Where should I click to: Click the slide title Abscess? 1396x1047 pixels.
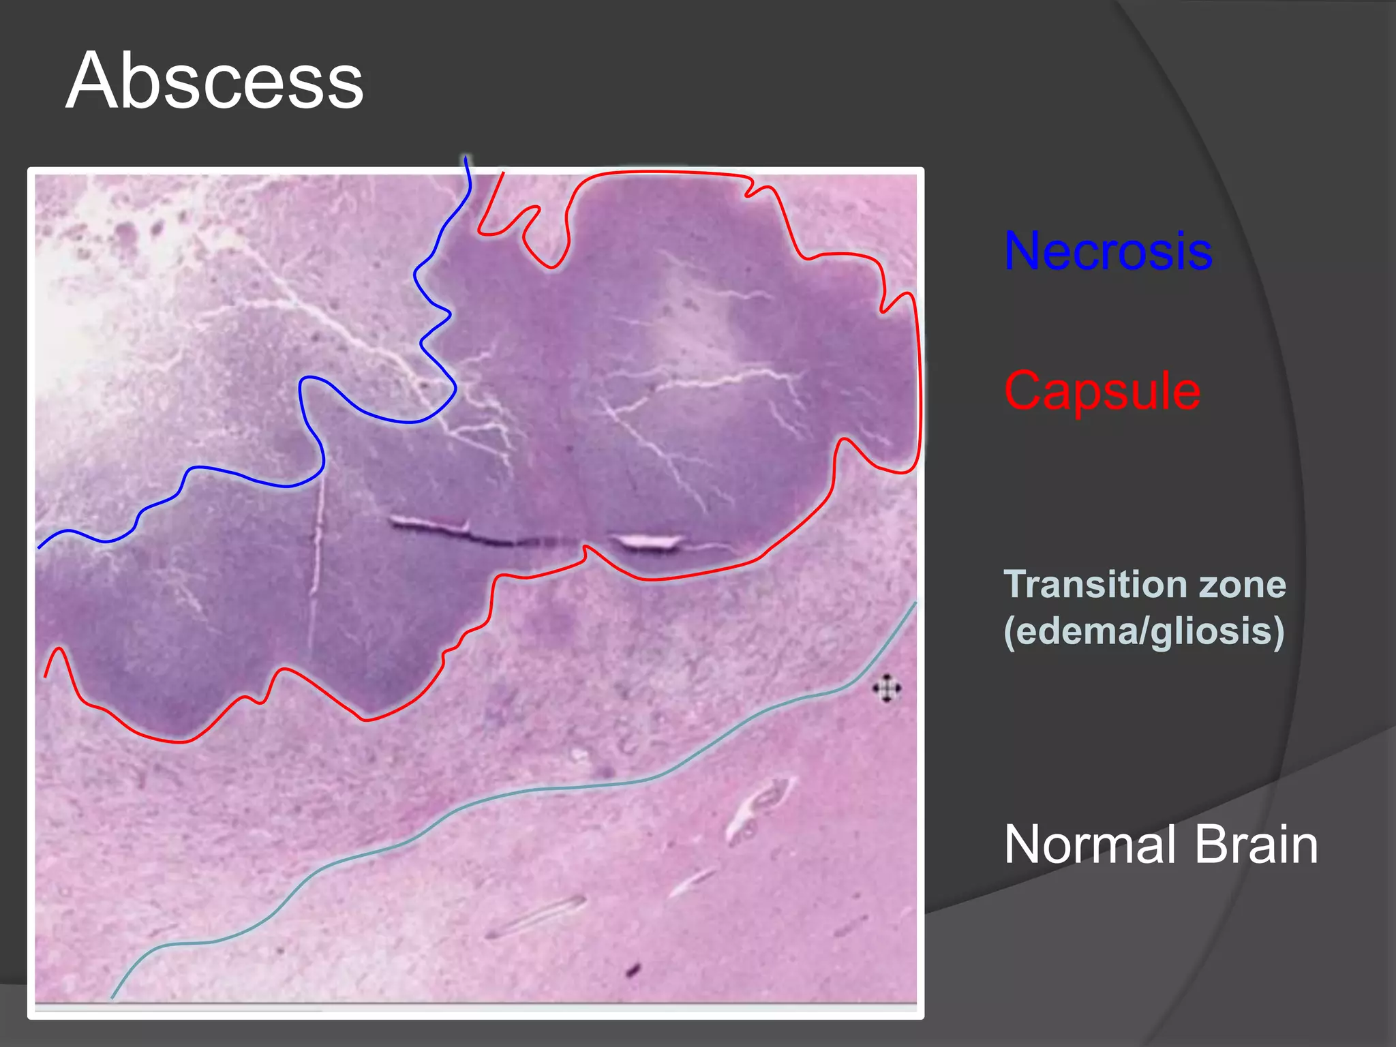[215, 81]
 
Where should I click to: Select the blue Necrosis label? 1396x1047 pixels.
[1108, 252]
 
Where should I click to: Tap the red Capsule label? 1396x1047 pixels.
[1102, 391]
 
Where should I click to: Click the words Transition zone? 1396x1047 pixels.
[1144, 585]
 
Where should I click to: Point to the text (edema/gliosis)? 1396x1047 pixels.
[1143, 631]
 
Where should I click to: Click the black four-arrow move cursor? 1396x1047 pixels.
[886, 688]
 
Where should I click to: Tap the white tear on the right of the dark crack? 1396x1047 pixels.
[648, 543]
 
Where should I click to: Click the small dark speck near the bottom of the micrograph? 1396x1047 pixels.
[633, 969]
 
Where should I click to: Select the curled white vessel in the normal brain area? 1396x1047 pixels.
[757, 808]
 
